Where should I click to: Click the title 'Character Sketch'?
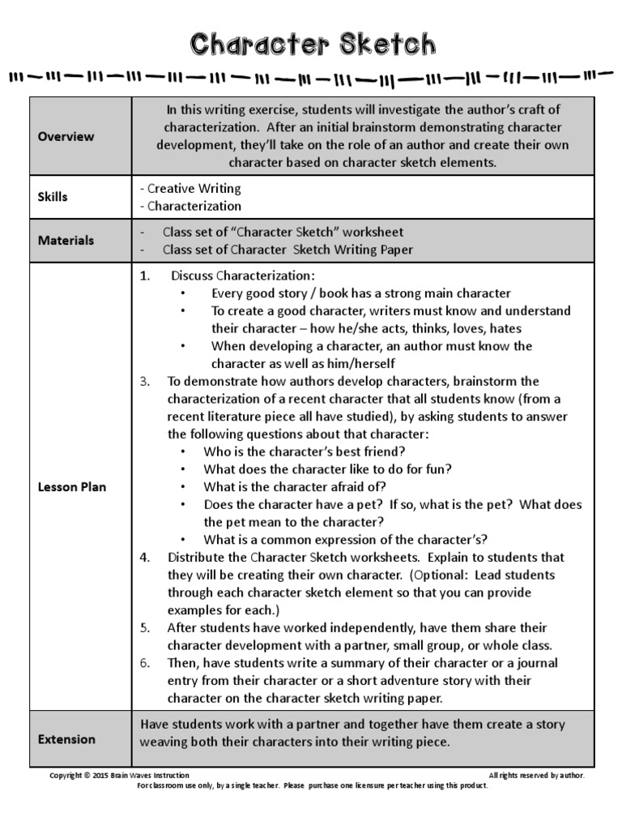pyautogui.click(x=312, y=44)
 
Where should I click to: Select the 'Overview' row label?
pyautogui.click(x=66, y=136)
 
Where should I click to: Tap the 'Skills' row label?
pyautogui.click(x=53, y=197)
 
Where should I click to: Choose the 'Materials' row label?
pyautogui.click(x=66, y=241)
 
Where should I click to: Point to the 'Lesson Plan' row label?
pyautogui.click(x=72, y=487)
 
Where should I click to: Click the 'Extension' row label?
pyautogui.click(x=66, y=739)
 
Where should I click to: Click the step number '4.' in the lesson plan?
pyautogui.click(x=145, y=558)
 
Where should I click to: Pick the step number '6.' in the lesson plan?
pyautogui.click(x=145, y=663)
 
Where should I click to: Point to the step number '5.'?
pyautogui.click(x=145, y=628)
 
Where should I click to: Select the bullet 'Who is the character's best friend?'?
pyautogui.click(x=305, y=451)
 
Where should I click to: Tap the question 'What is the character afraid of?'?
pyautogui.click(x=296, y=487)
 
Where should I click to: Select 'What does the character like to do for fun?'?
pyautogui.click(x=327, y=469)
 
